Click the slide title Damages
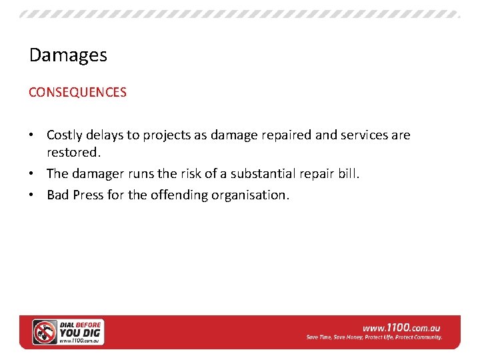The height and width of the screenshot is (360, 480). pyautogui.click(x=68, y=55)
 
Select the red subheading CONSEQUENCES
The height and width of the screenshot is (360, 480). pyautogui.click(x=77, y=93)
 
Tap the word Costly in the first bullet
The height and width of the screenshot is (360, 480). pyautogui.click(x=65, y=135)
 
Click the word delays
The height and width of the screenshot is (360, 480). pyautogui.click(x=104, y=135)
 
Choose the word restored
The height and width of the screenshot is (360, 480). pyautogui.click(x=73, y=153)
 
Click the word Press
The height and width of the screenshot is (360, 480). pyautogui.click(x=87, y=196)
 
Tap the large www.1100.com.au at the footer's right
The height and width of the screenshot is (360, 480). pyautogui.click(x=401, y=328)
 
